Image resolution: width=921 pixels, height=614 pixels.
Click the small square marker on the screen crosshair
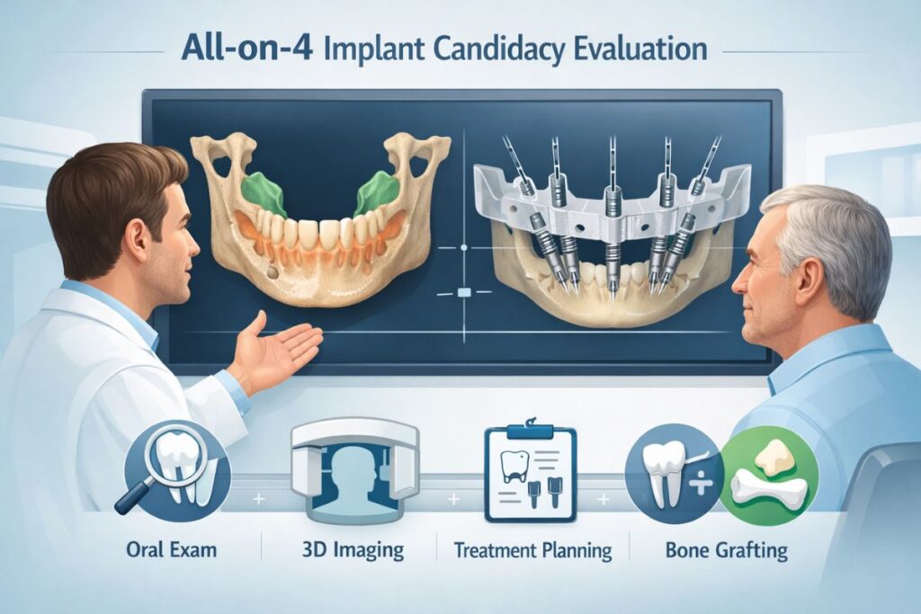465,292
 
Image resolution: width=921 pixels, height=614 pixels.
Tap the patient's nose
740,285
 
